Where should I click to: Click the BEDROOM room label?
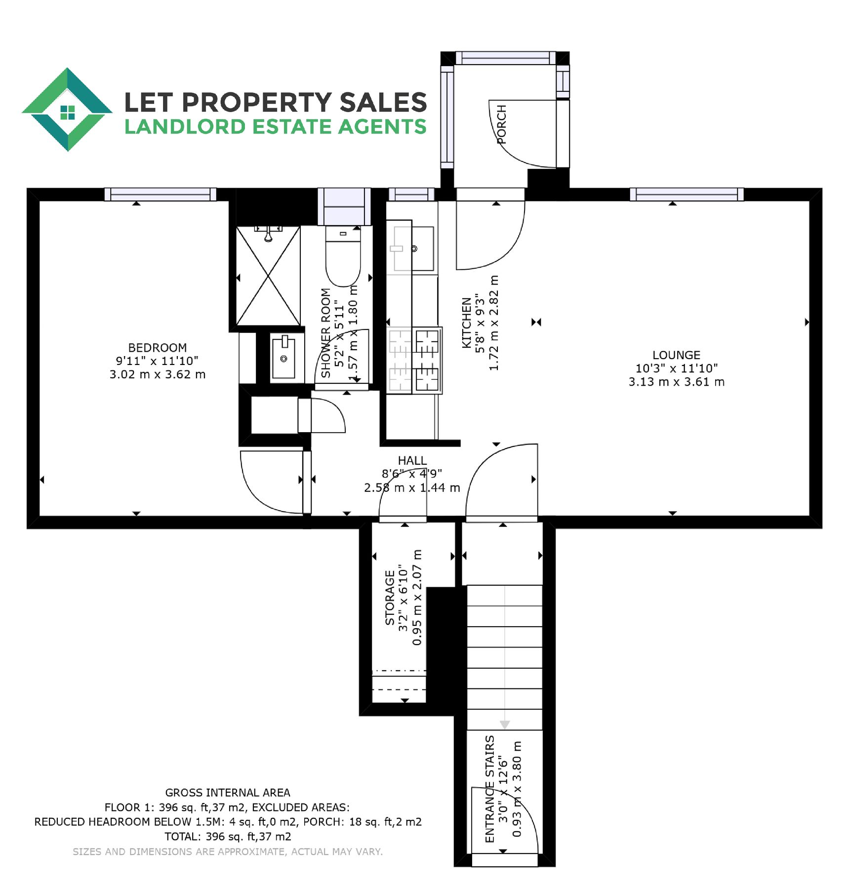point(158,348)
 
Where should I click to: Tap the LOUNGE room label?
point(676,355)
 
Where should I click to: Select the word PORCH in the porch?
point(502,124)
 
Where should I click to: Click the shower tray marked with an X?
point(268,276)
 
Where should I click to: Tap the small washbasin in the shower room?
point(283,357)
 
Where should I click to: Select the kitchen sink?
point(412,248)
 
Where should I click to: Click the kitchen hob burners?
point(414,361)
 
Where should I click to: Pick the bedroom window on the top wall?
point(161,194)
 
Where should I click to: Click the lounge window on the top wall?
point(687,194)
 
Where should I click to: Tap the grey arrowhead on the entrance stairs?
point(505,725)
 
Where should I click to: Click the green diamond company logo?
point(67,109)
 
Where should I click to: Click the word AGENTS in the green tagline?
point(382,127)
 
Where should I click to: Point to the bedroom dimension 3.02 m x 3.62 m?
point(158,374)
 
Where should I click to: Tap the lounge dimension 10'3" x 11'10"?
point(676,368)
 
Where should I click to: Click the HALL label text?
point(412,461)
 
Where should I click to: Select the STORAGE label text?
point(390,598)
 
